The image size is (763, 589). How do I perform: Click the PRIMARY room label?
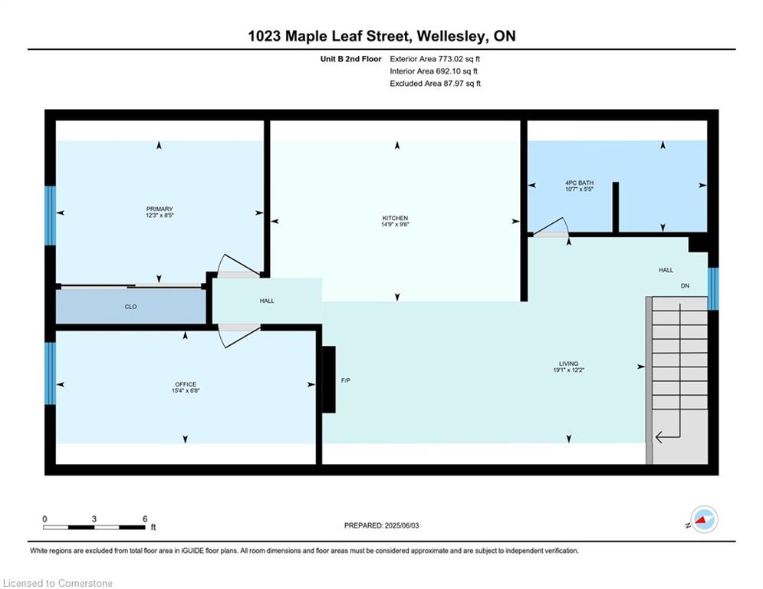coord(160,209)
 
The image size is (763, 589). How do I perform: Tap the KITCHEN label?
coord(395,218)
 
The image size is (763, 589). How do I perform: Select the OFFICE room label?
coord(186,384)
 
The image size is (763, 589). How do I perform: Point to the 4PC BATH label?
coord(580,183)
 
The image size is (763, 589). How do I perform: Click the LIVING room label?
coord(568,364)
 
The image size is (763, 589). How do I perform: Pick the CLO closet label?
coord(130,307)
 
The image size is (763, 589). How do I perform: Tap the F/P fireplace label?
coord(346,380)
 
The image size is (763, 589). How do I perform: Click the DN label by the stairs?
coord(685,286)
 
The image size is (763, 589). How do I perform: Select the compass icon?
coord(704,519)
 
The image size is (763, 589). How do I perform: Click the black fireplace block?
coord(329,379)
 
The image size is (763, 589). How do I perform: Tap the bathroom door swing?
coord(551,228)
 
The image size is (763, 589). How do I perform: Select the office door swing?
coord(238,336)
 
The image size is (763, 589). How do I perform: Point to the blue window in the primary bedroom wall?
coord(50,216)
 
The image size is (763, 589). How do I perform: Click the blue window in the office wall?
coord(50,373)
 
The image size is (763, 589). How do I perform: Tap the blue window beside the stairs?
coord(713,288)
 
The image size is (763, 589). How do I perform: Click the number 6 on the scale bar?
coord(145,519)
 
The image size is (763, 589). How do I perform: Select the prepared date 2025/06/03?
coord(402,525)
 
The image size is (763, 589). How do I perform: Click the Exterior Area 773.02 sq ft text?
coord(435,59)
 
